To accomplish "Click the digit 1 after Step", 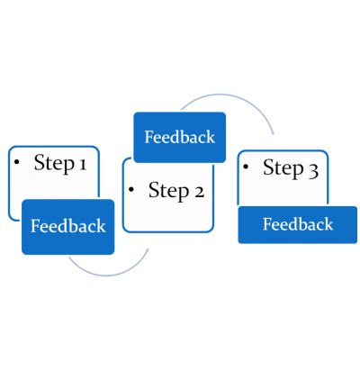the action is click(83, 164).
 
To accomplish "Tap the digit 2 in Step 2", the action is click(199, 192).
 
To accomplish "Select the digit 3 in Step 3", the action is click(313, 171).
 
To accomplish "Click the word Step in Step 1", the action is click(54, 164).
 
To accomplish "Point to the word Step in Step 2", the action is click(169, 191).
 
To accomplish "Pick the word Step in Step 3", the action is click(283, 168).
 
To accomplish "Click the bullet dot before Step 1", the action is click(16, 162).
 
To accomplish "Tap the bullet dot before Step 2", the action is click(131, 189).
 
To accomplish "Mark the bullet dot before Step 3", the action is click(246, 167).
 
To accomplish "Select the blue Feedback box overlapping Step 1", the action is click(68, 227).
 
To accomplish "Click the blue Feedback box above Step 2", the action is click(180, 138).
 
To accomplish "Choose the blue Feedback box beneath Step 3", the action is click(298, 225).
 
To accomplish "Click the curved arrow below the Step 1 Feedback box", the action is click(106, 275).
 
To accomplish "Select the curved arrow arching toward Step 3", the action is click(223, 95).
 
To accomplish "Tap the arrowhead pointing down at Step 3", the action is click(273, 133).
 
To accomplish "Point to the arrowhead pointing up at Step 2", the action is click(148, 249).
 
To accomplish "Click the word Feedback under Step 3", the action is click(298, 224).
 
